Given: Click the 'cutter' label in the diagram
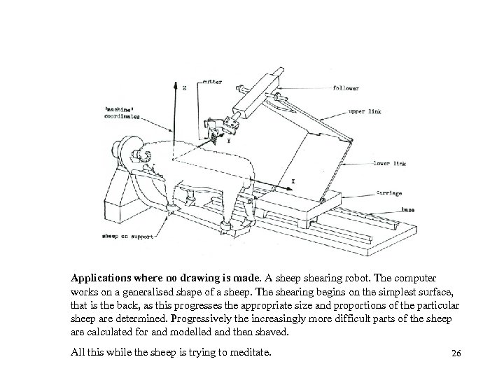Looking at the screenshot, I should pos(213,82).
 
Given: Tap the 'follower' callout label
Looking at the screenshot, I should pos(346,89).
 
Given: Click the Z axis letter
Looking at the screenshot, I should pos(184,89).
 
